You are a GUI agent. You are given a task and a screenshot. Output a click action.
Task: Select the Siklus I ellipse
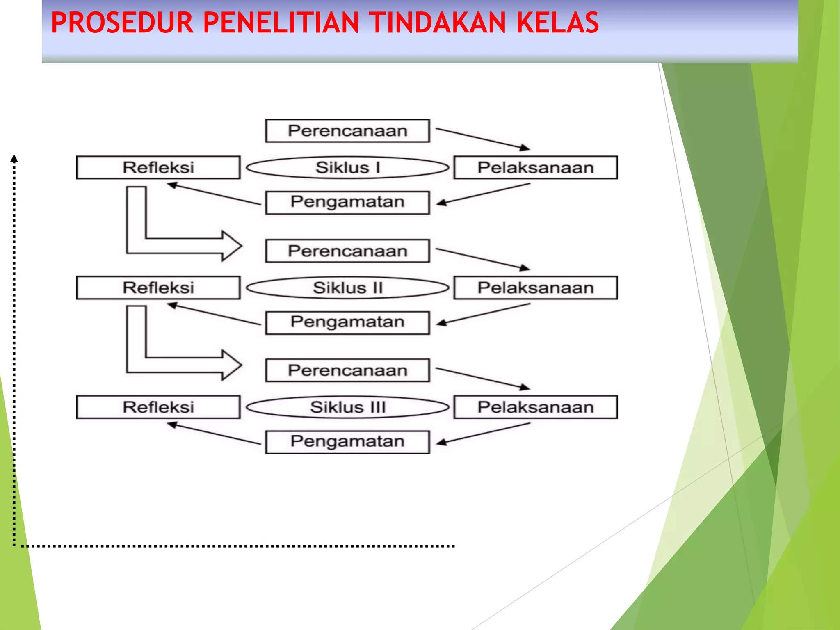(x=347, y=167)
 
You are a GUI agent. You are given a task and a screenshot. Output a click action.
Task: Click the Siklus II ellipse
(x=347, y=288)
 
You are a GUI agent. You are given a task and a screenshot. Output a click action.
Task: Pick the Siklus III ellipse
(x=347, y=407)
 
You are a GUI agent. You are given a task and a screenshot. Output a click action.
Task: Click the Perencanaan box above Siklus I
(x=347, y=131)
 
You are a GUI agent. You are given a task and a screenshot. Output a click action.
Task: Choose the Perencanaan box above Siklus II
(x=347, y=251)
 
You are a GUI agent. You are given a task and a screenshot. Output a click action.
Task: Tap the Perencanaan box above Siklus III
(x=347, y=370)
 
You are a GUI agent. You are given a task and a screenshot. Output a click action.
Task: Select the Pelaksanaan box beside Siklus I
(x=535, y=167)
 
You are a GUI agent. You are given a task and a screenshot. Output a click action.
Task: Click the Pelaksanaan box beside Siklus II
(x=535, y=288)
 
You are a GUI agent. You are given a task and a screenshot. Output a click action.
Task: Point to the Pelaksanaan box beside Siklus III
(x=535, y=407)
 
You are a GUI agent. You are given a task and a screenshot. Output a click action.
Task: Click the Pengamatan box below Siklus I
(x=347, y=202)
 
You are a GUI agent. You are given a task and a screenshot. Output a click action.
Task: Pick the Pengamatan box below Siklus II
(x=347, y=322)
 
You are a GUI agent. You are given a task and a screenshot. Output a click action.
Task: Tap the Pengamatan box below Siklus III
(x=347, y=442)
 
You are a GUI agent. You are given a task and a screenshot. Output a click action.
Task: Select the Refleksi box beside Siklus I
(x=158, y=167)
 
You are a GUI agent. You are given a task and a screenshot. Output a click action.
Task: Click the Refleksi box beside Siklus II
(x=158, y=288)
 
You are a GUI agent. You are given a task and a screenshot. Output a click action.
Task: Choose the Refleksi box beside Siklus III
(x=158, y=407)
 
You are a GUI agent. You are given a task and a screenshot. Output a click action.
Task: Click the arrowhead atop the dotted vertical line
(x=14, y=158)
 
